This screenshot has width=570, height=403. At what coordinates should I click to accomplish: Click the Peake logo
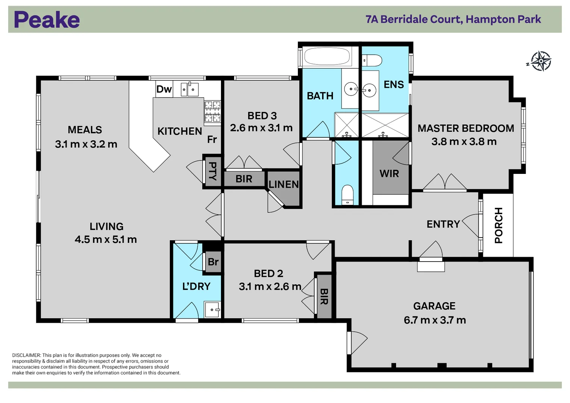[x=47, y=20]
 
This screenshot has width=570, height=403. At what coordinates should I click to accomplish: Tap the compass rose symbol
[x=541, y=61]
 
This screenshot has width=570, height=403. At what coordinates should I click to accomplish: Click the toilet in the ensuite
[x=372, y=60]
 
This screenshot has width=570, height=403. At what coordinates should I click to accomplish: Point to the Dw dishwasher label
[x=164, y=89]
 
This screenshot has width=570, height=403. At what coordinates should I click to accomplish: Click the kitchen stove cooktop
[x=212, y=112]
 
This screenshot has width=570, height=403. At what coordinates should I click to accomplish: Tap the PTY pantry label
[x=212, y=171]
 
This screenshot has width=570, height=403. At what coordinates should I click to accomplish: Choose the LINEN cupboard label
[x=284, y=184]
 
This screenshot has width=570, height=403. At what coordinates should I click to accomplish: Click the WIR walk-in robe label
[x=389, y=174]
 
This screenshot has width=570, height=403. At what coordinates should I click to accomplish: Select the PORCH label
[x=499, y=225]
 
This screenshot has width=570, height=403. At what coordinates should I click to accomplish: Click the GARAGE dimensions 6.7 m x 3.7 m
[x=434, y=320]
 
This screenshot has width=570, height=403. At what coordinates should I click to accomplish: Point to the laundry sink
[x=212, y=309]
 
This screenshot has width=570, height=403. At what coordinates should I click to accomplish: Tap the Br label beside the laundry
[x=213, y=262]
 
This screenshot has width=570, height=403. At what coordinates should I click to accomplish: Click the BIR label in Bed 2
[x=324, y=297]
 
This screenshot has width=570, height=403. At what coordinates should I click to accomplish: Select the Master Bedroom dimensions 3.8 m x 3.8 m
[x=464, y=142]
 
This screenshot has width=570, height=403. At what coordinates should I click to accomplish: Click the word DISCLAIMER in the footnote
[x=26, y=355]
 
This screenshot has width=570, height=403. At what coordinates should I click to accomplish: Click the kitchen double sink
[x=190, y=90]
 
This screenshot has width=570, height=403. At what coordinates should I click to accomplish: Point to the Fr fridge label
[x=212, y=140]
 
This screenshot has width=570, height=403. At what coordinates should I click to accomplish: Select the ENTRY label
[x=443, y=224]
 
